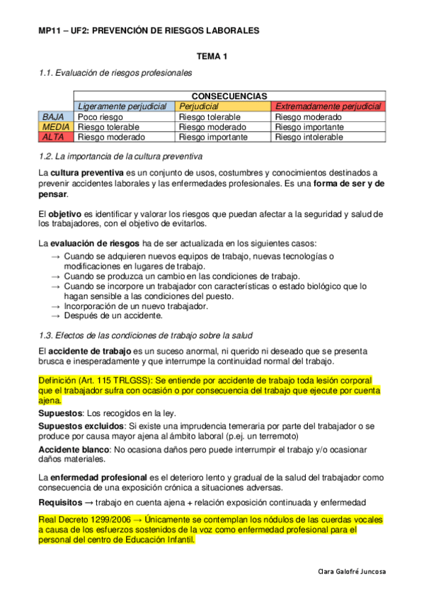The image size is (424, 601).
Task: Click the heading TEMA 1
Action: coord(212,55)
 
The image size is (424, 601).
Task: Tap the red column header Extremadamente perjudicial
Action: coord(328,106)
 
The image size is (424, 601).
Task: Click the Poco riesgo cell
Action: coord(100,116)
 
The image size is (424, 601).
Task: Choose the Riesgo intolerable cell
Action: coord(309,137)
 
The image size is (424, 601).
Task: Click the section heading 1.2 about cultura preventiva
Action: coord(120,155)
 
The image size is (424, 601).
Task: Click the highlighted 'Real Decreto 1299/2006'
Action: coord(84,519)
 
